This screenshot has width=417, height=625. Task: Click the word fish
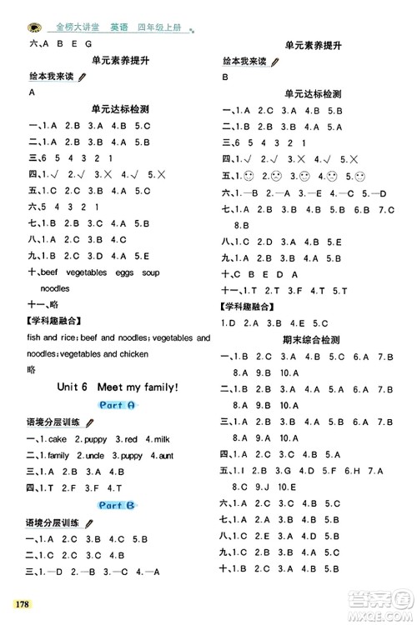point(36,337)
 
